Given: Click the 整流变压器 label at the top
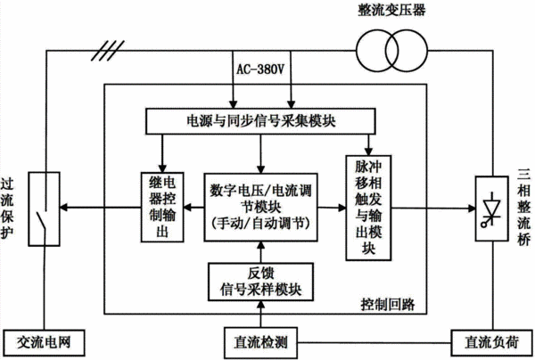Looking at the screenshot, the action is [x=391, y=10].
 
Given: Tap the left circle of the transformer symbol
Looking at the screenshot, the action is [x=357, y=51].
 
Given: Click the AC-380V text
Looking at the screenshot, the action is [x=260, y=70].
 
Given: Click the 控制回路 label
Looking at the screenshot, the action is [x=388, y=304].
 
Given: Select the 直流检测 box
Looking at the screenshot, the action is [x=260, y=342].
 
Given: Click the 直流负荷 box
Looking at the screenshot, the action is [x=491, y=342].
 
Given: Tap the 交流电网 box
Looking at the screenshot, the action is [x=44, y=342].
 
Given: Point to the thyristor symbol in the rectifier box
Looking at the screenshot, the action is [x=491, y=209].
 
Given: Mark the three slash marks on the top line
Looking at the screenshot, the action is [x=108, y=51].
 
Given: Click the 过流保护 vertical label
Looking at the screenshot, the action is [x=7, y=208].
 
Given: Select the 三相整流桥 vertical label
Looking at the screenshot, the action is [x=524, y=208].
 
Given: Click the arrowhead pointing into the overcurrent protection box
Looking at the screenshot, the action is [x=64, y=208].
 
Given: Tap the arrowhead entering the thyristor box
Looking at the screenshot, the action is [x=472, y=208].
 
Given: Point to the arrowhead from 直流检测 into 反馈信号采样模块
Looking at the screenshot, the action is [x=260, y=306].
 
